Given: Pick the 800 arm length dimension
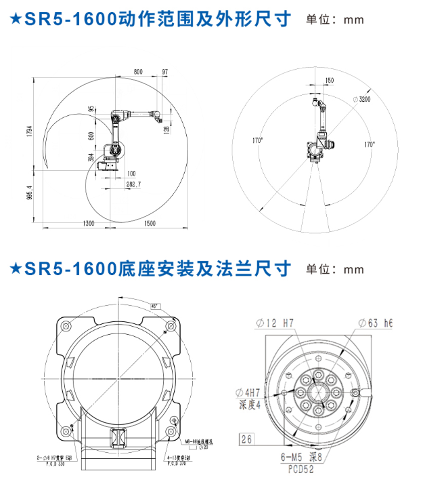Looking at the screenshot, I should click(x=138, y=71).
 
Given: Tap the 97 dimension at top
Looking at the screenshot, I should click(x=165, y=71).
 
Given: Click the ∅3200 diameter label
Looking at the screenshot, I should click(x=362, y=99).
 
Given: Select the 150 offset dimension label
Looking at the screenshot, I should click(x=329, y=81).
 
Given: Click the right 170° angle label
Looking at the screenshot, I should click(x=369, y=144).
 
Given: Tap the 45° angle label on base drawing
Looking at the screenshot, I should click(x=155, y=306).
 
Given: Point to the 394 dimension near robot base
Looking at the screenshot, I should click(x=91, y=157).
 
